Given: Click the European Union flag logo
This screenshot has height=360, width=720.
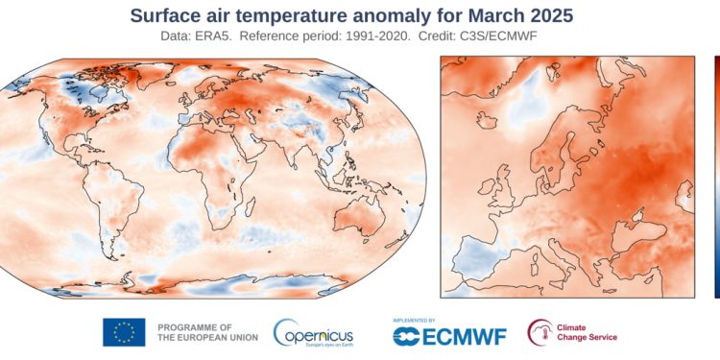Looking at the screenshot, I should click(124, 332).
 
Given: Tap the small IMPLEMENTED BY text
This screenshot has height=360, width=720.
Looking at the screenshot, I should click(416, 318).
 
